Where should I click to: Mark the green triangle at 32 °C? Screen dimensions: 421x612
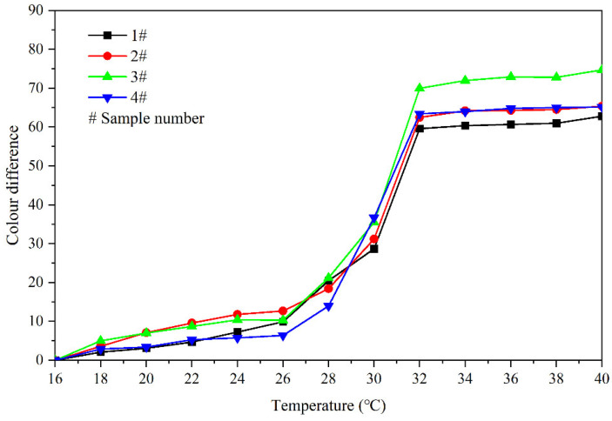point(420,88)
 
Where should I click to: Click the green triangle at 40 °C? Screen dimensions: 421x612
point(601,70)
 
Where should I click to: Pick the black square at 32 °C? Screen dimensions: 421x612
point(420,129)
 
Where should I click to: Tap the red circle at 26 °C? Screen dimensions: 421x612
point(283,311)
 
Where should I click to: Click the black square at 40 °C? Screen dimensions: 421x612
point(601,117)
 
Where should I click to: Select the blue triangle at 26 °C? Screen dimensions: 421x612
point(283,336)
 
